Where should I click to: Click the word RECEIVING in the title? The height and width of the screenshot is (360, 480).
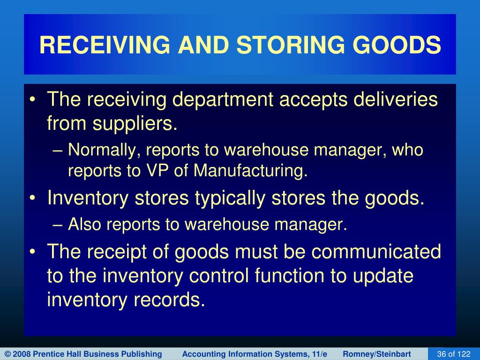[105, 45]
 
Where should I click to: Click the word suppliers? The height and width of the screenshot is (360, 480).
[135, 124]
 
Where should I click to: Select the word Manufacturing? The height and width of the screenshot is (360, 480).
[250, 171]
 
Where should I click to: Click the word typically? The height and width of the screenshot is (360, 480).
[230, 199]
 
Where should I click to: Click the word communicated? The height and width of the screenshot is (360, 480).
[376, 251]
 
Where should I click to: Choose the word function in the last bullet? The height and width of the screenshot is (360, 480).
[289, 275]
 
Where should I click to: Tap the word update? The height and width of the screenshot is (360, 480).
[383, 276]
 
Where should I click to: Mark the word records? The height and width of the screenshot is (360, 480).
[169, 300]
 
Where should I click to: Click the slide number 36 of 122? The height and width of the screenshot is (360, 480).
[454, 354]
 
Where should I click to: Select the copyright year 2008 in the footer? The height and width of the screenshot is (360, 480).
[21, 354]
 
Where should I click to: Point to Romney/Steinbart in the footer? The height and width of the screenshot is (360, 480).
[377, 354]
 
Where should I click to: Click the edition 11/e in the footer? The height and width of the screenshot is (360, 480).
[320, 354]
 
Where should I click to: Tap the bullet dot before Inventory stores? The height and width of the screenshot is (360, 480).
[33, 198]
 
